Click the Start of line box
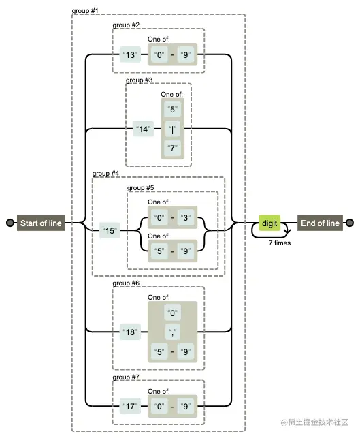tap(41, 223)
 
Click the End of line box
tap(320, 223)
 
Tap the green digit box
tap(269, 223)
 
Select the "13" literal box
tap(130, 54)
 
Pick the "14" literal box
tap(143, 129)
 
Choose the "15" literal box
tap(110, 230)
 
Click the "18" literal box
tap(130, 332)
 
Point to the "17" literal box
tap(130, 406)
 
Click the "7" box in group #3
tap(172, 148)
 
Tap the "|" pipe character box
tap(172, 129)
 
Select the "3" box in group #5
tap(186, 217)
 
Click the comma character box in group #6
tap(172, 332)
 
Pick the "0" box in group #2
tap(159, 54)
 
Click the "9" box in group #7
tap(186, 406)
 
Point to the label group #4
tap(105, 174)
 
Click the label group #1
tap(85, 11)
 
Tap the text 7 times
tap(280, 243)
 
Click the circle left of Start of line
tap(10, 223)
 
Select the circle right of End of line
tap(350, 223)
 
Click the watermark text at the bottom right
tap(315, 422)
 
